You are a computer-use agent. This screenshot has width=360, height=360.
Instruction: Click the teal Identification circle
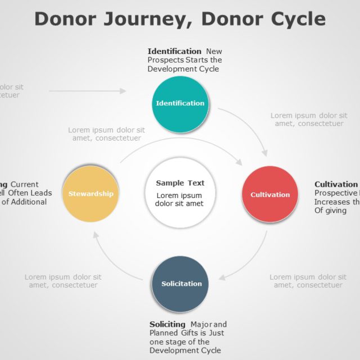180,103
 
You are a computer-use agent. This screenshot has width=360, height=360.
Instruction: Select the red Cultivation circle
270,195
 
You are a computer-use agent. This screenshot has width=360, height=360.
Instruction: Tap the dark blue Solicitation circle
181,283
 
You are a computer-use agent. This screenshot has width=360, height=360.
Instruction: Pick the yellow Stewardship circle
91,193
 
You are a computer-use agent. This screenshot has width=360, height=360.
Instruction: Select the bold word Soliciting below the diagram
167,324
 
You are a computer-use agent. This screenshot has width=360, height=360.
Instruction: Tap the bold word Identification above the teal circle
174,51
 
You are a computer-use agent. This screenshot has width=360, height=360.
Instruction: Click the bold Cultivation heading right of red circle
336,184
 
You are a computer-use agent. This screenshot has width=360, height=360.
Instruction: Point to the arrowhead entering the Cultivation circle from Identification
264,153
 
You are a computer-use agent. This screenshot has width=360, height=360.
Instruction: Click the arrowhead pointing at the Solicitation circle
221,277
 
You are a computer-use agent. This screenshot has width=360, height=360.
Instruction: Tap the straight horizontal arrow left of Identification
87,91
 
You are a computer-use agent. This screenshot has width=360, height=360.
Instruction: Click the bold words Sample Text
180,183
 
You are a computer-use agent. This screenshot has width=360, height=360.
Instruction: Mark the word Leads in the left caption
41,193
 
